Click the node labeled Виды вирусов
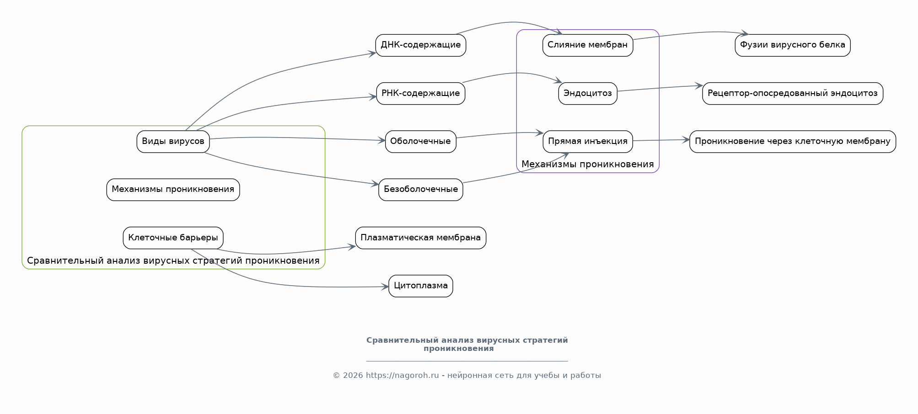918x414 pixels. point(173,142)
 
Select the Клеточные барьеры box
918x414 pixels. point(173,238)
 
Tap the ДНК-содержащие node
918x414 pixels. point(421,45)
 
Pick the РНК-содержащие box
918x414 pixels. point(421,94)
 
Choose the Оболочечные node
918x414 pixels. point(421,142)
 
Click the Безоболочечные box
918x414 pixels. point(421,190)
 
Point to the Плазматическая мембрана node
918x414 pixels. point(421,238)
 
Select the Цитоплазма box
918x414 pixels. point(421,286)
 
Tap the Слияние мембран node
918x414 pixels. point(588,45)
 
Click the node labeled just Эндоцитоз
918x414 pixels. point(588,94)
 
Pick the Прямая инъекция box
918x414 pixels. point(588,142)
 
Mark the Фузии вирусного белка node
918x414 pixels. point(793,45)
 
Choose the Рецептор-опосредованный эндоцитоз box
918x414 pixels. point(793,94)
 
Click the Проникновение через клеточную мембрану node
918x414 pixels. point(793,142)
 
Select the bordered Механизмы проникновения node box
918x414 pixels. point(173,190)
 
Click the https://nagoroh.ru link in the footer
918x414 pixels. point(402,376)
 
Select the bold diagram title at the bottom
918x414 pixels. point(467,345)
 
